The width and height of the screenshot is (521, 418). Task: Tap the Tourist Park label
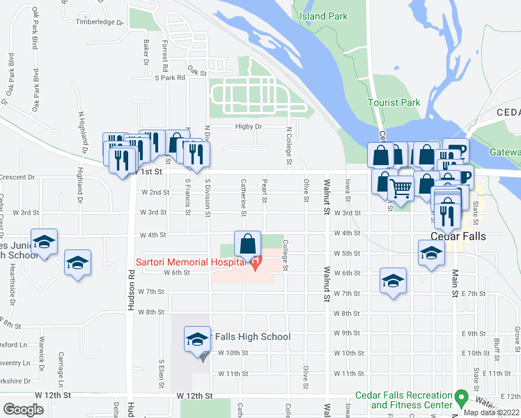(x=394, y=102)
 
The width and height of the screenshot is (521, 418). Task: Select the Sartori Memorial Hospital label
(x=191, y=262)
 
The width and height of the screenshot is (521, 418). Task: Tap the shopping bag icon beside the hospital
(x=247, y=245)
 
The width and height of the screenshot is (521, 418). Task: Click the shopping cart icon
(x=401, y=187)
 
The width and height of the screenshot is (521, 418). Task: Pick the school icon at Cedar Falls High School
(x=197, y=339)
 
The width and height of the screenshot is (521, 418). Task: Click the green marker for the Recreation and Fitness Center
(x=460, y=398)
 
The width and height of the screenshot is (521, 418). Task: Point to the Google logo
(x=22, y=410)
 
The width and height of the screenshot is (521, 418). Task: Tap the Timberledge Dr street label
(x=99, y=22)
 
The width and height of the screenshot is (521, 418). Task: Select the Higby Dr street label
(x=248, y=127)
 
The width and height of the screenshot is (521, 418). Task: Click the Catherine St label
(x=244, y=194)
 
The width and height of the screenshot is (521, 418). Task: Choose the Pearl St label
(x=265, y=193)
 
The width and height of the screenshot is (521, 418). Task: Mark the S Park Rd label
(x=170, y=78)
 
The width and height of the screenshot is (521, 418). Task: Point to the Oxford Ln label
(x=13, y=344)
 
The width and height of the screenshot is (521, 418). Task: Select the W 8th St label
(x=150, y=312)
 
